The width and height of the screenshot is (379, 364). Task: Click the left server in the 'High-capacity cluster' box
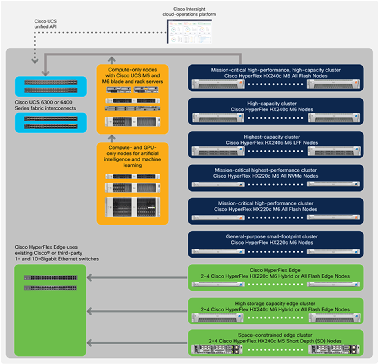(x=218, y=117)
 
